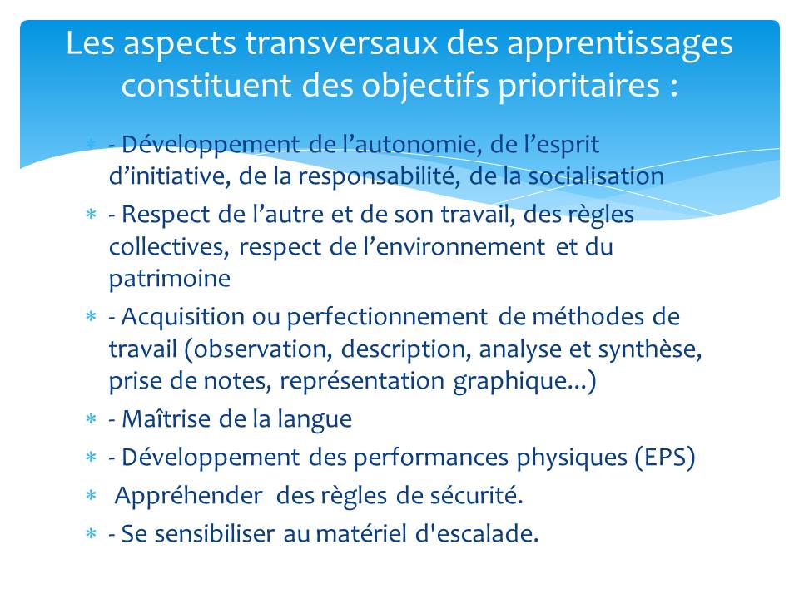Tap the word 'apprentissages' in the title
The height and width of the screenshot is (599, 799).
click(619, 45)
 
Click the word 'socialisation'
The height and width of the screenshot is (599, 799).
click(596, 176)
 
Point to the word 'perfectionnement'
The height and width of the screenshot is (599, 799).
click(387, 318)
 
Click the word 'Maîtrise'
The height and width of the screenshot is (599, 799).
click(166, 419)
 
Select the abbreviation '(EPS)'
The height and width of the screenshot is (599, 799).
click(664, 458)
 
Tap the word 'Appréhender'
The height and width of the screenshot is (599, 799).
click(189, 496)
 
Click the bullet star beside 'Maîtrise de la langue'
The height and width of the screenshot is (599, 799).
click(92, 419)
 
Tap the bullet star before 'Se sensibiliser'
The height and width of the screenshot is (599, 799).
click(92, 534)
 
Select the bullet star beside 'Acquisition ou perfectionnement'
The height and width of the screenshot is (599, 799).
click(92, 317)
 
